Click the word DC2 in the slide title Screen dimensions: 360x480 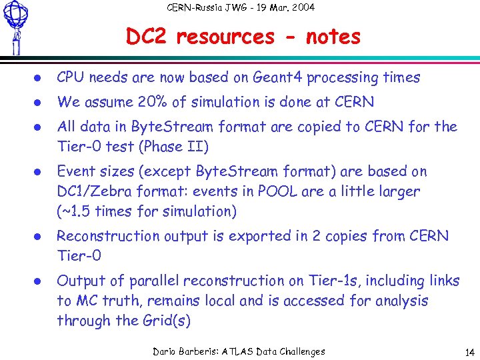coord(147,37)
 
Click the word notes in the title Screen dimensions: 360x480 coord(333,37)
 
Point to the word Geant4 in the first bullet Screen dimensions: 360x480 coord(277,78)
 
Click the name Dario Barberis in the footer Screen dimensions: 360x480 coord(189,351)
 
